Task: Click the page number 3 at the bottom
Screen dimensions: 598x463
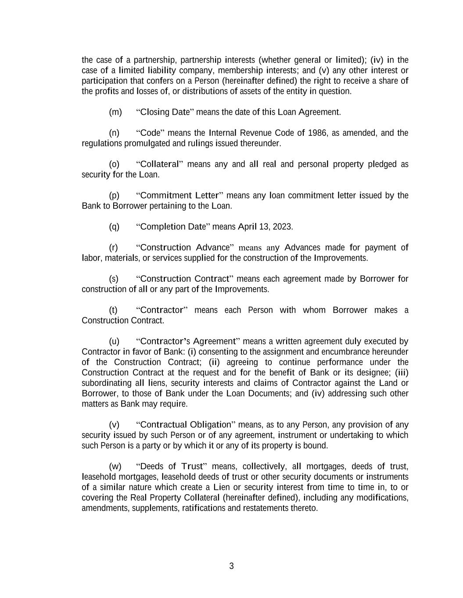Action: pos(231,566)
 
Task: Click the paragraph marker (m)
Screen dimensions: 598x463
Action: pos(115,112)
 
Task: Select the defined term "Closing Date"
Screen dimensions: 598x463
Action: pos(165,112)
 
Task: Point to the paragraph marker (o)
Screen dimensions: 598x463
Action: pos(114,164)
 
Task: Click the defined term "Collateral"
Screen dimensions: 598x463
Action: pos(160,164)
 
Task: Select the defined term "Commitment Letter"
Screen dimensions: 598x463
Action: pos(180,195)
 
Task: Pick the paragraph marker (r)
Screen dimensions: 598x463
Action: pos(113,248)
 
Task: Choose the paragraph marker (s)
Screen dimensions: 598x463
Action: pos(113,279)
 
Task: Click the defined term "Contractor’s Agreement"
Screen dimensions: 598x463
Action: pos(187,341)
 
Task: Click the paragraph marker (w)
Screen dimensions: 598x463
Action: pos(115,466)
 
